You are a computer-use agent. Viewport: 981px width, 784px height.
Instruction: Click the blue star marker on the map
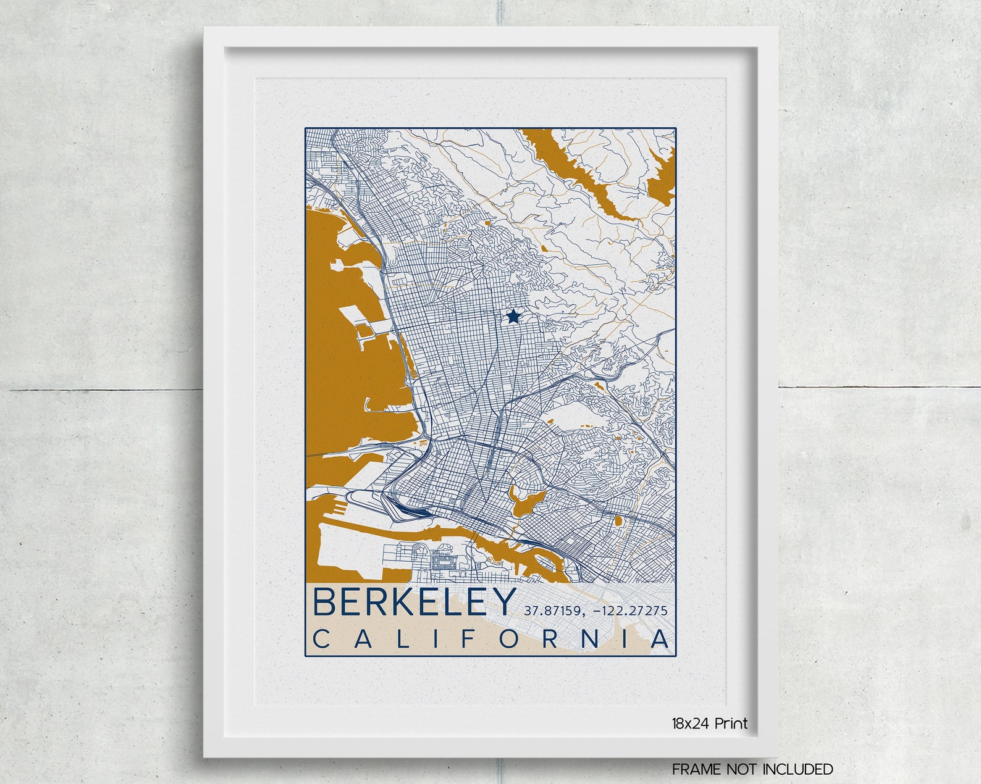click(513, 317)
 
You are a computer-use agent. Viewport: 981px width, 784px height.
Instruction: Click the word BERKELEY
click(415, 603)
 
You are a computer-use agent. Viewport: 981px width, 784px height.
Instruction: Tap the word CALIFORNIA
click(491, 640)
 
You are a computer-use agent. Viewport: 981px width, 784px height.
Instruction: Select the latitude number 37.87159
click(553, 611)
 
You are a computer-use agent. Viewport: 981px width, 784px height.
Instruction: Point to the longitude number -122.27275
click(629, 611)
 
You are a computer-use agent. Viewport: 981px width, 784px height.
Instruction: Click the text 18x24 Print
click(710, 724)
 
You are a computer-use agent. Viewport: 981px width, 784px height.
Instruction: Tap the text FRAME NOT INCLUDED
click(752, 769)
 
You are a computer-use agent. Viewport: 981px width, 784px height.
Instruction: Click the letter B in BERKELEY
click(324, 603)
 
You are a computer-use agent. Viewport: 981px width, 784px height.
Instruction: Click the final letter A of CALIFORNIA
click(660, 640)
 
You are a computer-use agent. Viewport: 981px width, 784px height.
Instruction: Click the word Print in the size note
click(731, 724)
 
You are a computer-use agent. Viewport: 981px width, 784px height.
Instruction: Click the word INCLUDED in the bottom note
click(798, 769)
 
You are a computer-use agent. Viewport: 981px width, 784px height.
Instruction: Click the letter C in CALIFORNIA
click(322, 640)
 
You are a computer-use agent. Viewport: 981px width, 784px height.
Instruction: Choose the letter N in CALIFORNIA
click(591, 640)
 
